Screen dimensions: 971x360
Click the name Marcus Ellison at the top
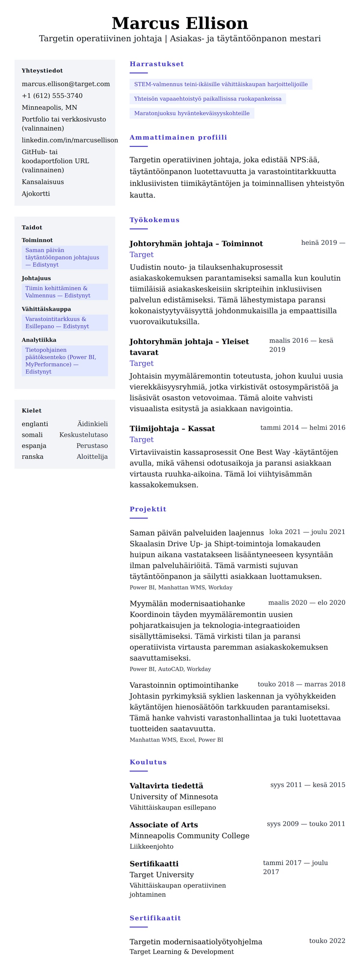pos(180,23)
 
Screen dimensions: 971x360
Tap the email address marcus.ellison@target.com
pos(66,84)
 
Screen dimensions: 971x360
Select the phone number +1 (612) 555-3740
pos(52,96)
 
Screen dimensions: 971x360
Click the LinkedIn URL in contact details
pos(70,140)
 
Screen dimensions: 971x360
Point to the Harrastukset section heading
pos(156,64)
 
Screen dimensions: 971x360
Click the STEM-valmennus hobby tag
pos(220,84)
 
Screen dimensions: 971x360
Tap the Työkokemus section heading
pos(154,220)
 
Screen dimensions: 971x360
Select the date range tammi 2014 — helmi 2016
pos(302,427)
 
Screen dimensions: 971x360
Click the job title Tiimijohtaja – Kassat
pos(172,429)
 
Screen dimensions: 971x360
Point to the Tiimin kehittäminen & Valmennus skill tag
pos(58,292)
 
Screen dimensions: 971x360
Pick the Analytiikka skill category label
pos(39,340)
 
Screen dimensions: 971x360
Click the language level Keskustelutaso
pos(83,435)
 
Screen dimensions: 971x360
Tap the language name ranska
pos(32,457)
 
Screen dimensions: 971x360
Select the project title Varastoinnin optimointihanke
pos(184,685)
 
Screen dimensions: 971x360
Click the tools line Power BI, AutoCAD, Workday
pos(170,669)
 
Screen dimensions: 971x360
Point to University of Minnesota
pos(173,796)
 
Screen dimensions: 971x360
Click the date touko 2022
pos(327,940)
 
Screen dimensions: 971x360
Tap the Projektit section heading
pos(148,509)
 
